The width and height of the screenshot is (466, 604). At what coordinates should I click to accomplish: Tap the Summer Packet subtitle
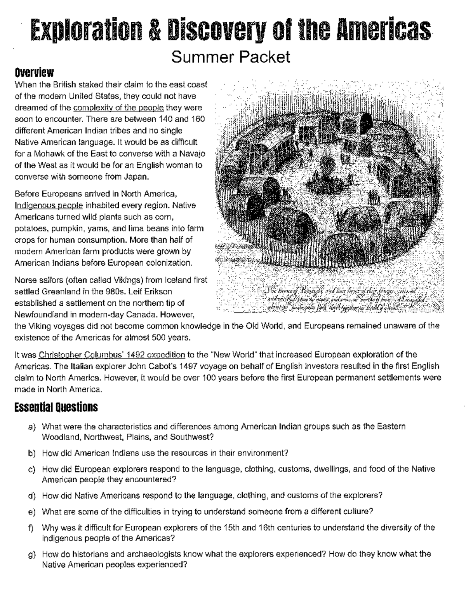tap(231, 57)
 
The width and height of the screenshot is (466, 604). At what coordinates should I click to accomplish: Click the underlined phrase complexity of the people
tap(118, 108)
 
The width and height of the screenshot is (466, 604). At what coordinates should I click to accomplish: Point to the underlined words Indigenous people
tap(49, 205)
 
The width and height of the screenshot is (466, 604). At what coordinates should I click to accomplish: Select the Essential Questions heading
tap(56, 408)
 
